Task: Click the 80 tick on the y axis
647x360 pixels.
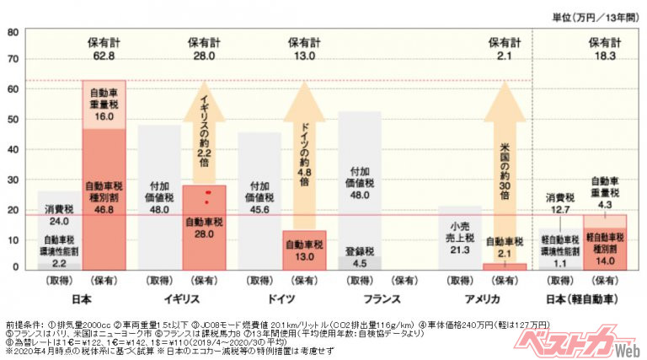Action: [13, 33]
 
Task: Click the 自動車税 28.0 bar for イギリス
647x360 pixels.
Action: [204, 228]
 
